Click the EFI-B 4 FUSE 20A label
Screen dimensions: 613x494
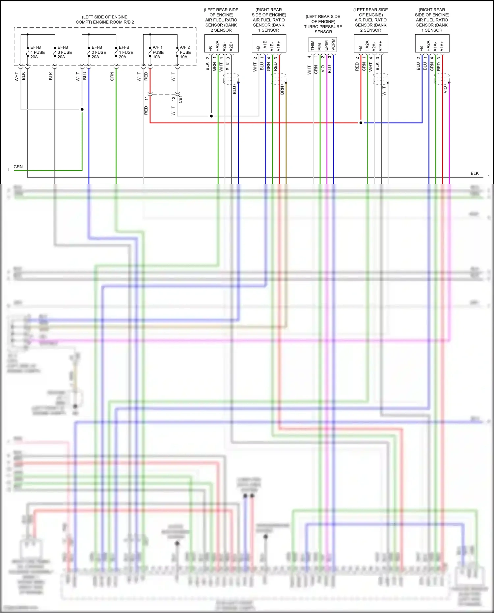click(x=37, y=52)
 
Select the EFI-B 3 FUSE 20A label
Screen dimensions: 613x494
click(x=65, y=52)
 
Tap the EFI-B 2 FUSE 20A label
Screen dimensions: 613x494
click(x=98, y=52)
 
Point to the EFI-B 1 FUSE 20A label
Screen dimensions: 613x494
click(x=126, y=52)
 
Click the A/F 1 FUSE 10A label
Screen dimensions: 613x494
click(x=158, y=52)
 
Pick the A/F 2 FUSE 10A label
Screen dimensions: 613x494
click(x=185, y=52)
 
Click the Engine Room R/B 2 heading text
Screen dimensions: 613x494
click(x=105, y=19)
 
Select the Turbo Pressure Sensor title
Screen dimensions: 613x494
click(x=323, y=24)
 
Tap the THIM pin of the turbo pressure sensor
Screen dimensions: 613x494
click(x=313, y=45)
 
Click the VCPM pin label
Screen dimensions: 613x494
click(x=333, y=45)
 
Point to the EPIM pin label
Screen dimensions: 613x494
click(x=326, y=45)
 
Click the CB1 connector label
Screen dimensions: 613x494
click(x=180, y=99)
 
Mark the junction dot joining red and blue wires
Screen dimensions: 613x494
click(x=361, y=123)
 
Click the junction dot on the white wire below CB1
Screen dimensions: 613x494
click(x=211, y=116)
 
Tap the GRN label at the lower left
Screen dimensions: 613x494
click(x=18, y=167)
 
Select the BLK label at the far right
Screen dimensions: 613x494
click(x=475, y=173)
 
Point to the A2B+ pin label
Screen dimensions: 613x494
click(x=231, y=46)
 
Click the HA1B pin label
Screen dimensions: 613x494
click(x=265, y=46)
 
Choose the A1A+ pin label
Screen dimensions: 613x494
click(x=442, y=46)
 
